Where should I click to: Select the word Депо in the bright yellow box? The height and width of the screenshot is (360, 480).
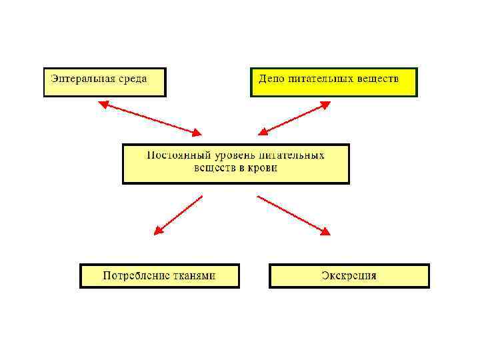click(271, 78)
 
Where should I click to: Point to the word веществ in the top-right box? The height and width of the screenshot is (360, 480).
click(378, 78)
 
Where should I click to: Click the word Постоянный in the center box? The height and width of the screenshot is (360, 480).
click(177, 155)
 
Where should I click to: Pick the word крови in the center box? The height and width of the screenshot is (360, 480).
click(262, 168)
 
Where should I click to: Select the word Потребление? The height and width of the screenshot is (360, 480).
click(137, 275)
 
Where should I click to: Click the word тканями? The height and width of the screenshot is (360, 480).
click(195, 275)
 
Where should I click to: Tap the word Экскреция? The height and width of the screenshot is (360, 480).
click(349, 275)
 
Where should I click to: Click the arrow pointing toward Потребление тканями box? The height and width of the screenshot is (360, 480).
click(178, 215)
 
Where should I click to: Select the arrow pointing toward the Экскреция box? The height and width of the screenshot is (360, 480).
click(293, 215)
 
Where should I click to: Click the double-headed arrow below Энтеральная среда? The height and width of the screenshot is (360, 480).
click(149, 118)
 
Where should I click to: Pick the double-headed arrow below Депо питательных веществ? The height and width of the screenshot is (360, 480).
click(295, 118)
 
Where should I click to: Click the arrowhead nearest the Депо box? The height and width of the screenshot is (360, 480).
click(326, 104)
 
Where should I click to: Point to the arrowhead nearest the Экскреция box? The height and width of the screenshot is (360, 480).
click(325, 232)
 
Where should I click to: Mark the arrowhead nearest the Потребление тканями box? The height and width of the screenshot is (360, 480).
click(158, 231)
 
